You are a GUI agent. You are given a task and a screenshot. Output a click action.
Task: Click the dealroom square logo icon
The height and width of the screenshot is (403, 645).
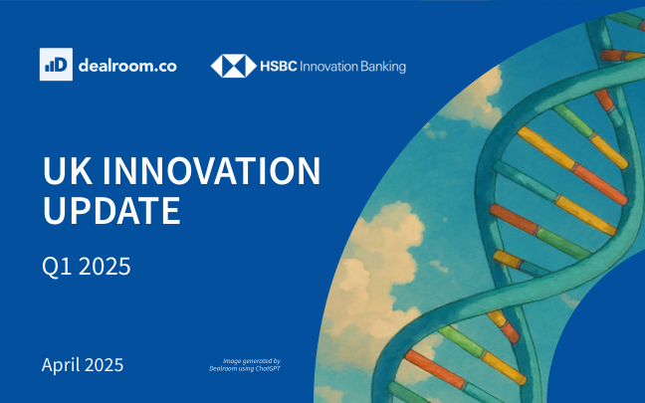pos(56,64)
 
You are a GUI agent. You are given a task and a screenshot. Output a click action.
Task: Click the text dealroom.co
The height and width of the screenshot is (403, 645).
pos(127,66)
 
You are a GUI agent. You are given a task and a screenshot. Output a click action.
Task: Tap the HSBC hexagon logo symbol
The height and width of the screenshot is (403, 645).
pos(234,66)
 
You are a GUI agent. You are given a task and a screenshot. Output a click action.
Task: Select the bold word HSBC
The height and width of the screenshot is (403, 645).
pos(278,67)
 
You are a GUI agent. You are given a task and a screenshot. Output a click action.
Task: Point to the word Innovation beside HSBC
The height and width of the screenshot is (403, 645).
pos(328,67)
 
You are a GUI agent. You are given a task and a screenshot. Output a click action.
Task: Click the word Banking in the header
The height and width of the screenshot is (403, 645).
pos(383,67)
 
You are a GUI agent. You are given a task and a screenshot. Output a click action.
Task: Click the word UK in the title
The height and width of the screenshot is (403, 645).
pos(68,170)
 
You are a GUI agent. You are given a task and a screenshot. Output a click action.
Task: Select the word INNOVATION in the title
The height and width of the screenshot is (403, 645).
pos(211,170)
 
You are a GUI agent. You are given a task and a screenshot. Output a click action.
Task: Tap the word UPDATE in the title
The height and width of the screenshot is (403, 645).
pos(111,210)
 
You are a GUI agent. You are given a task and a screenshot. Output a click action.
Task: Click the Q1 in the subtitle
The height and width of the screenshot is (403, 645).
pos(57,266)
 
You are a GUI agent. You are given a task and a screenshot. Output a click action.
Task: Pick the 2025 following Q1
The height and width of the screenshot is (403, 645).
pos(105,266)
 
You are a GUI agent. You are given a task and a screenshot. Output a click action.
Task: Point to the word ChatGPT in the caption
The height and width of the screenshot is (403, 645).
pos(268,368)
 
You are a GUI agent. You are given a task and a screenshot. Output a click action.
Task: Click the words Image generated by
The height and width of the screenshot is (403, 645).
pos(252,361)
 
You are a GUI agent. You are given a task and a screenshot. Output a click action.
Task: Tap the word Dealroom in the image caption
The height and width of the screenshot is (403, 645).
pos(222,368)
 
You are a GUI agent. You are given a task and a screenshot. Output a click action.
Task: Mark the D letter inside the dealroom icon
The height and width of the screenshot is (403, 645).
pos(62,65)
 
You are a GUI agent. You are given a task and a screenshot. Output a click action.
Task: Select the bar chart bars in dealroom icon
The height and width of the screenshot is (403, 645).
pos(50,67)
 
